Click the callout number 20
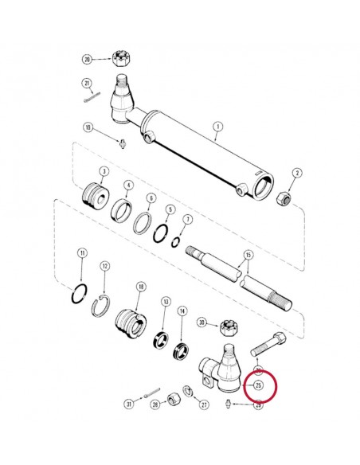[x=87, y=59]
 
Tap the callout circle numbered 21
[x=87, y=84]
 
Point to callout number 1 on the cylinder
[x=217, y=126]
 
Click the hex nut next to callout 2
[x=282, y=198]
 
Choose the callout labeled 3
[x=104, y=173]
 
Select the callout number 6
[x=151, y=198]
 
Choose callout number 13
[x=166, y=303]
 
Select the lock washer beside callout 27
[x=188, y=389]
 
